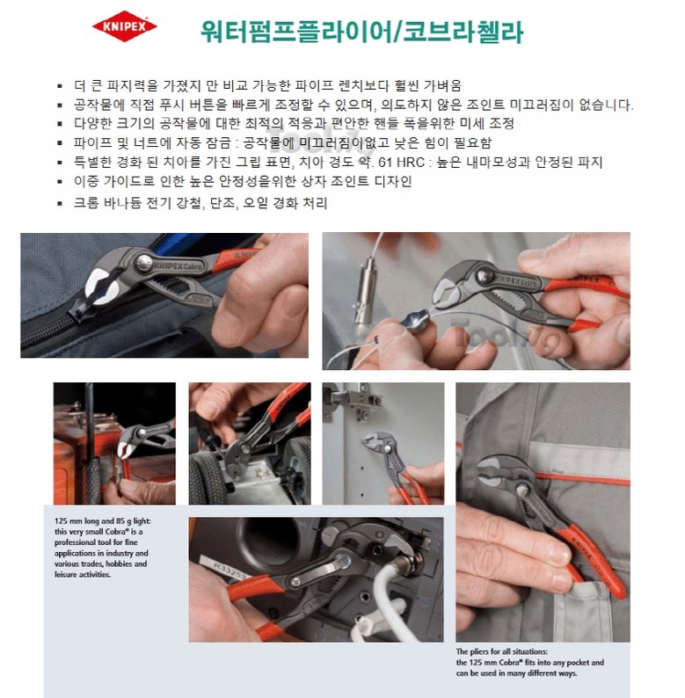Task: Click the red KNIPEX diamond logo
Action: coord(124,26)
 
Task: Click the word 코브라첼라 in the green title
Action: coord(463,31)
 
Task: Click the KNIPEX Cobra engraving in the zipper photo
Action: coord(178,266)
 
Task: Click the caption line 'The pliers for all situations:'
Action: coord(501,651)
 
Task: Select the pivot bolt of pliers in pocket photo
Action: coord(522,491)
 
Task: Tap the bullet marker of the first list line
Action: coord(60,86)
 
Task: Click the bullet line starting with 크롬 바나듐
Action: coord(200,203)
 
